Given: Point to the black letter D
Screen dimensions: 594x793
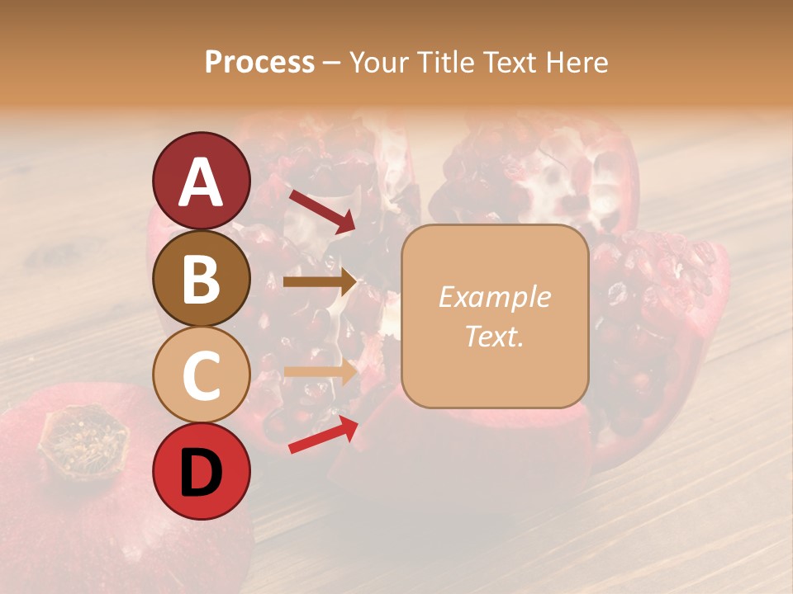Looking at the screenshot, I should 201,474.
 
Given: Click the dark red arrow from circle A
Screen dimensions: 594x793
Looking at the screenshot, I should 321,210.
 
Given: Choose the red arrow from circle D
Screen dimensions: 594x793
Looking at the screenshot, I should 322,435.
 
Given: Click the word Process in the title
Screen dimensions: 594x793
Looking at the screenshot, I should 259,63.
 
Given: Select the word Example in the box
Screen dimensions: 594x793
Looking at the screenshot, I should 494,297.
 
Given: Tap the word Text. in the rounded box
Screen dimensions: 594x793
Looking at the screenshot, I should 494,336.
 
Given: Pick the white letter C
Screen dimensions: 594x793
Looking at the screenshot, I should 201,375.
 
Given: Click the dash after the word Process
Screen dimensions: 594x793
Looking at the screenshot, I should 331,64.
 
